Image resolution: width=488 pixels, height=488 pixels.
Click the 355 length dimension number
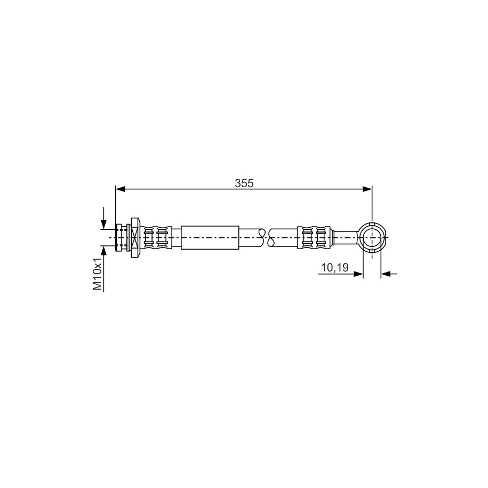[244, 183]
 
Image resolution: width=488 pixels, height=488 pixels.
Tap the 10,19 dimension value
[334, 267]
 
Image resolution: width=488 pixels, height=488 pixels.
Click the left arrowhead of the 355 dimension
[120, 189]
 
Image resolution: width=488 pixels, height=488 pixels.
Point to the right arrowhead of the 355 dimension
[367, 189]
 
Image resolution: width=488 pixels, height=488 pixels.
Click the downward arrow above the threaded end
[103, 218]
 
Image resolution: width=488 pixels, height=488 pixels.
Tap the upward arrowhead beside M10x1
[103, 250]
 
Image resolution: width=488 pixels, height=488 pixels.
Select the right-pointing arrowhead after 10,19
[358, 274]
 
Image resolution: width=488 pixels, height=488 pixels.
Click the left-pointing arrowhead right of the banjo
[386, 274]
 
